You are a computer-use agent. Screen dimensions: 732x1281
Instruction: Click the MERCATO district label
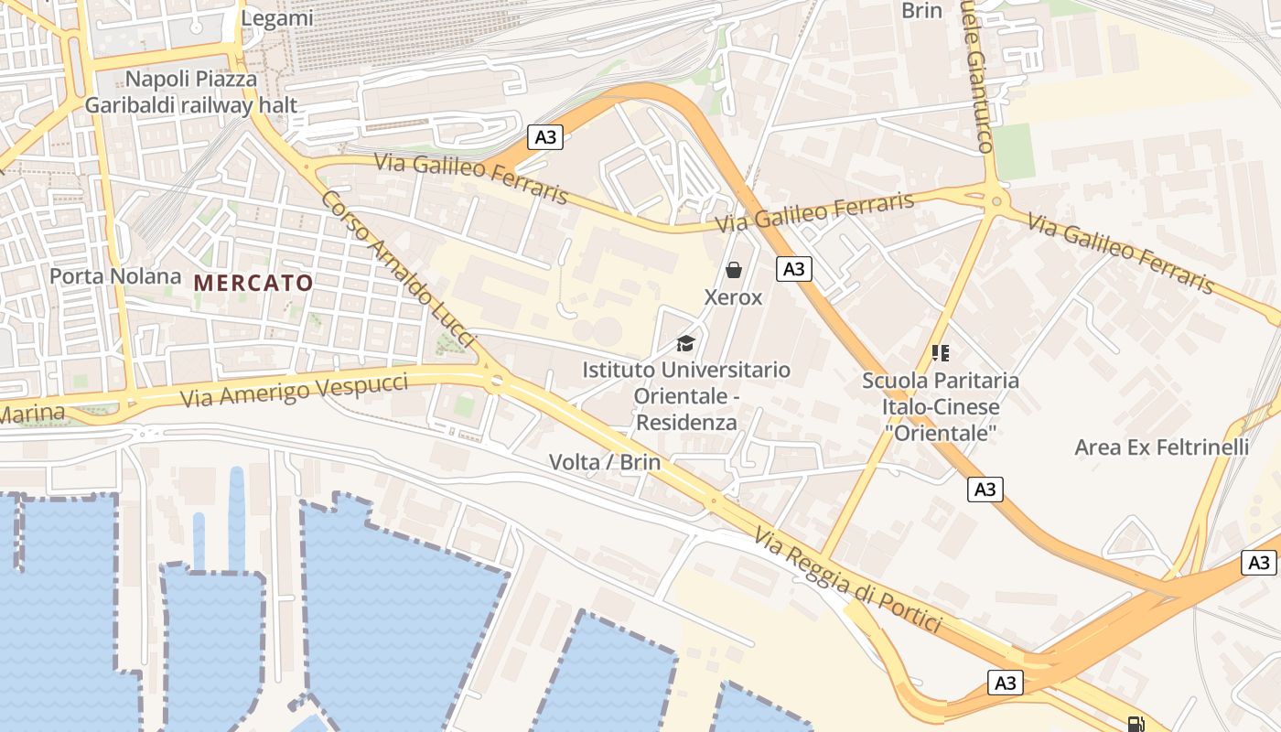(x=253, y=283)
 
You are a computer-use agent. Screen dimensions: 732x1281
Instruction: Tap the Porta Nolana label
(x=115, y=275)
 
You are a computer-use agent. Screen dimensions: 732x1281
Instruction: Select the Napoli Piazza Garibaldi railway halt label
(x=191, y=92)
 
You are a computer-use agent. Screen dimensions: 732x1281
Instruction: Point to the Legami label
(x=276, y=17)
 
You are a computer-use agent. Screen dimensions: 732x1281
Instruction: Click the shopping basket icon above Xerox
(x=733, y=270)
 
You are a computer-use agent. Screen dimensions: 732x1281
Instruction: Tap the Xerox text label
(x=733, y=297)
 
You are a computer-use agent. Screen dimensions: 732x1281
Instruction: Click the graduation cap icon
(x=684, y=344)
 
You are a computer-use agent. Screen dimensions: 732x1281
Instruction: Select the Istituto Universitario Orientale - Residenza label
(x=686, y=396)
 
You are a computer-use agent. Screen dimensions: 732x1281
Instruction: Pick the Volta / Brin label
(x=604, y=462)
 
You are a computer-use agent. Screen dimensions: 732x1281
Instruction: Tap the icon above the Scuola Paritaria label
(x=940, y=352)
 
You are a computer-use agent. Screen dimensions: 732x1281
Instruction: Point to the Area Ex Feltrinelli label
(x=1161, y=447)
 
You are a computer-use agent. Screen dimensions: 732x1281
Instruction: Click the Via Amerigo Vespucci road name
(x=294, y=391)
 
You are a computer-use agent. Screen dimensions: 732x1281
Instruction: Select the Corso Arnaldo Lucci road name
(x=398, y=269)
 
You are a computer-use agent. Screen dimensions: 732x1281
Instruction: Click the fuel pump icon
(x=1136, y=724)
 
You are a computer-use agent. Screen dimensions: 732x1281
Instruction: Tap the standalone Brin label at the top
(x=921, y=11)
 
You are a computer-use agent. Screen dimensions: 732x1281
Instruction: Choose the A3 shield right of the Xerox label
(x=793, y=268)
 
